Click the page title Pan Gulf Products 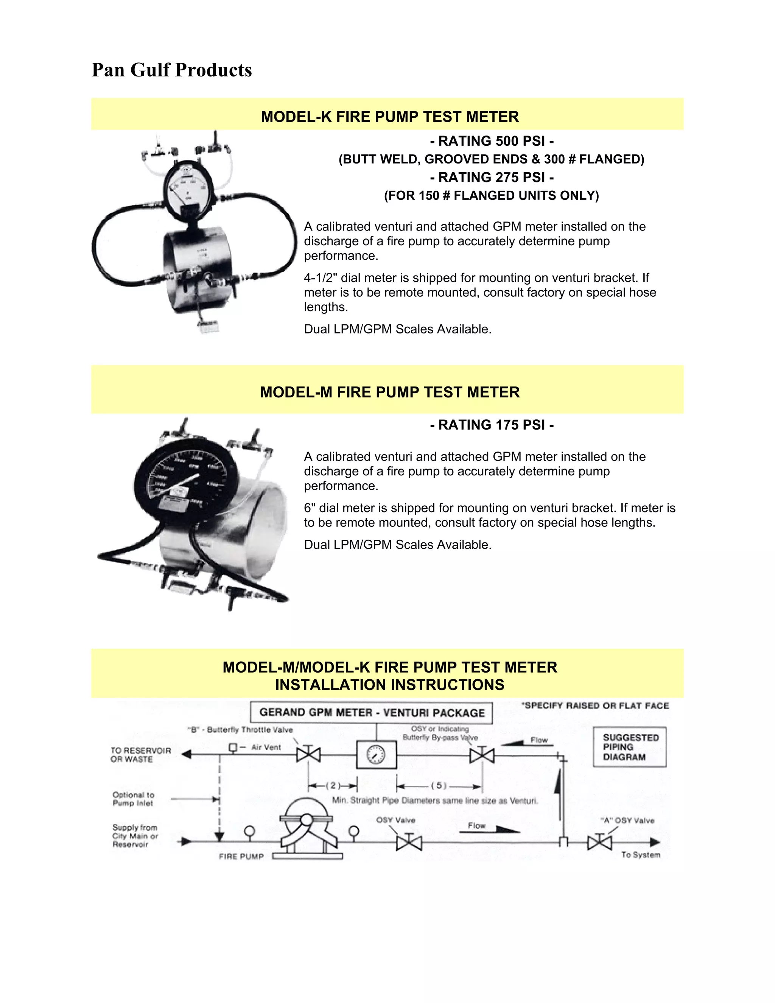[172, 70]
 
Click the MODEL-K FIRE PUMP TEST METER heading [389, 117]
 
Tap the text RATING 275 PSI [491, 177]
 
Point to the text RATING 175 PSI [491, 425]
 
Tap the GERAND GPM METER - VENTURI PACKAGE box [372, 713]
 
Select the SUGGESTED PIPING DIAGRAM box [629, 747]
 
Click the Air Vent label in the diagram [266, 747]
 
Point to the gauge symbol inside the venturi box [376, 755]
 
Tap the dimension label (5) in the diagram [439, 785]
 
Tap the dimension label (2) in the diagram [333, 785]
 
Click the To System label [641, 855]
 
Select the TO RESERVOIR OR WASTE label [140, 755]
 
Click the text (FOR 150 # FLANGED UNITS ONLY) [491, 196]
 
